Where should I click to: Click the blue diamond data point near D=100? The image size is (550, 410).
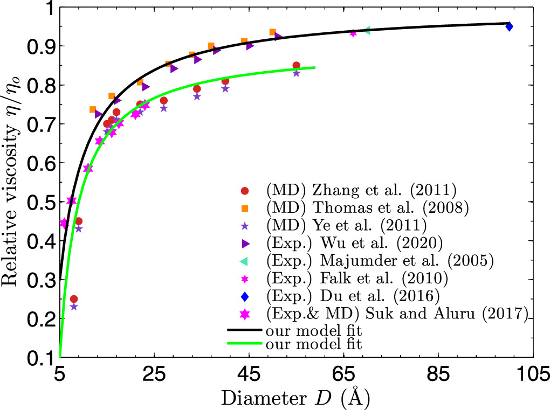[509, 26]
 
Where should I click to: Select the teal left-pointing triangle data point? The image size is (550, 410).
[367, 31]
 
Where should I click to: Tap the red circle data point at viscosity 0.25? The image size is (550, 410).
[74, 299]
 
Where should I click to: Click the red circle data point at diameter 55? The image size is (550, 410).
[296, 65]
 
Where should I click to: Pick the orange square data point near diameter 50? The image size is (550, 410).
[272, 32]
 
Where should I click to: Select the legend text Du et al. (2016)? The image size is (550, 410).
[353, 296]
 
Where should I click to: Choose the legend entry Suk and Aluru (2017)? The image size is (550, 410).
[396, 314]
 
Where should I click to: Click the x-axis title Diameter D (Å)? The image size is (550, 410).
[295, 398]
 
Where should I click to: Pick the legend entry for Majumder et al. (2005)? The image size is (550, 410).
[380, 260]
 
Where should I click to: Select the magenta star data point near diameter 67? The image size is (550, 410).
[353, 33]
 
